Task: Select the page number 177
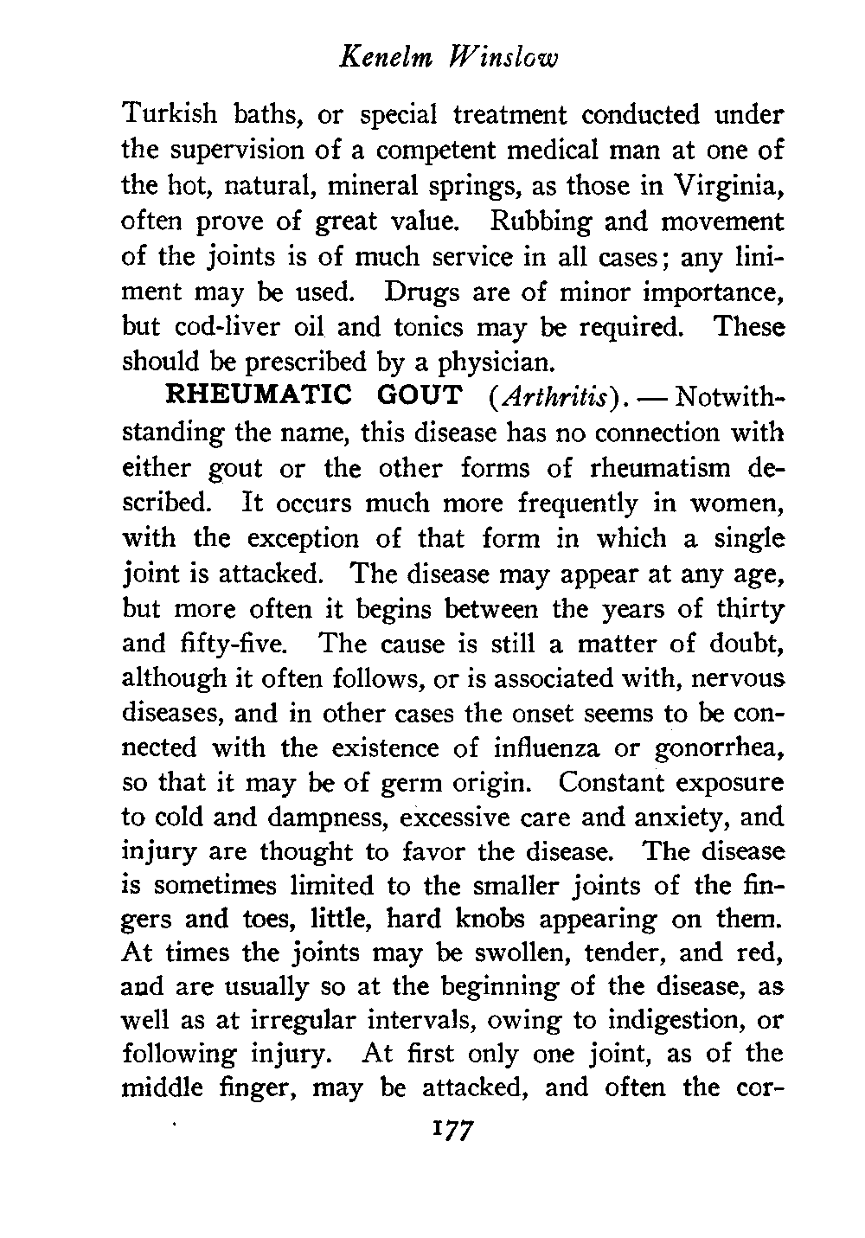[x=448, y=1132]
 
